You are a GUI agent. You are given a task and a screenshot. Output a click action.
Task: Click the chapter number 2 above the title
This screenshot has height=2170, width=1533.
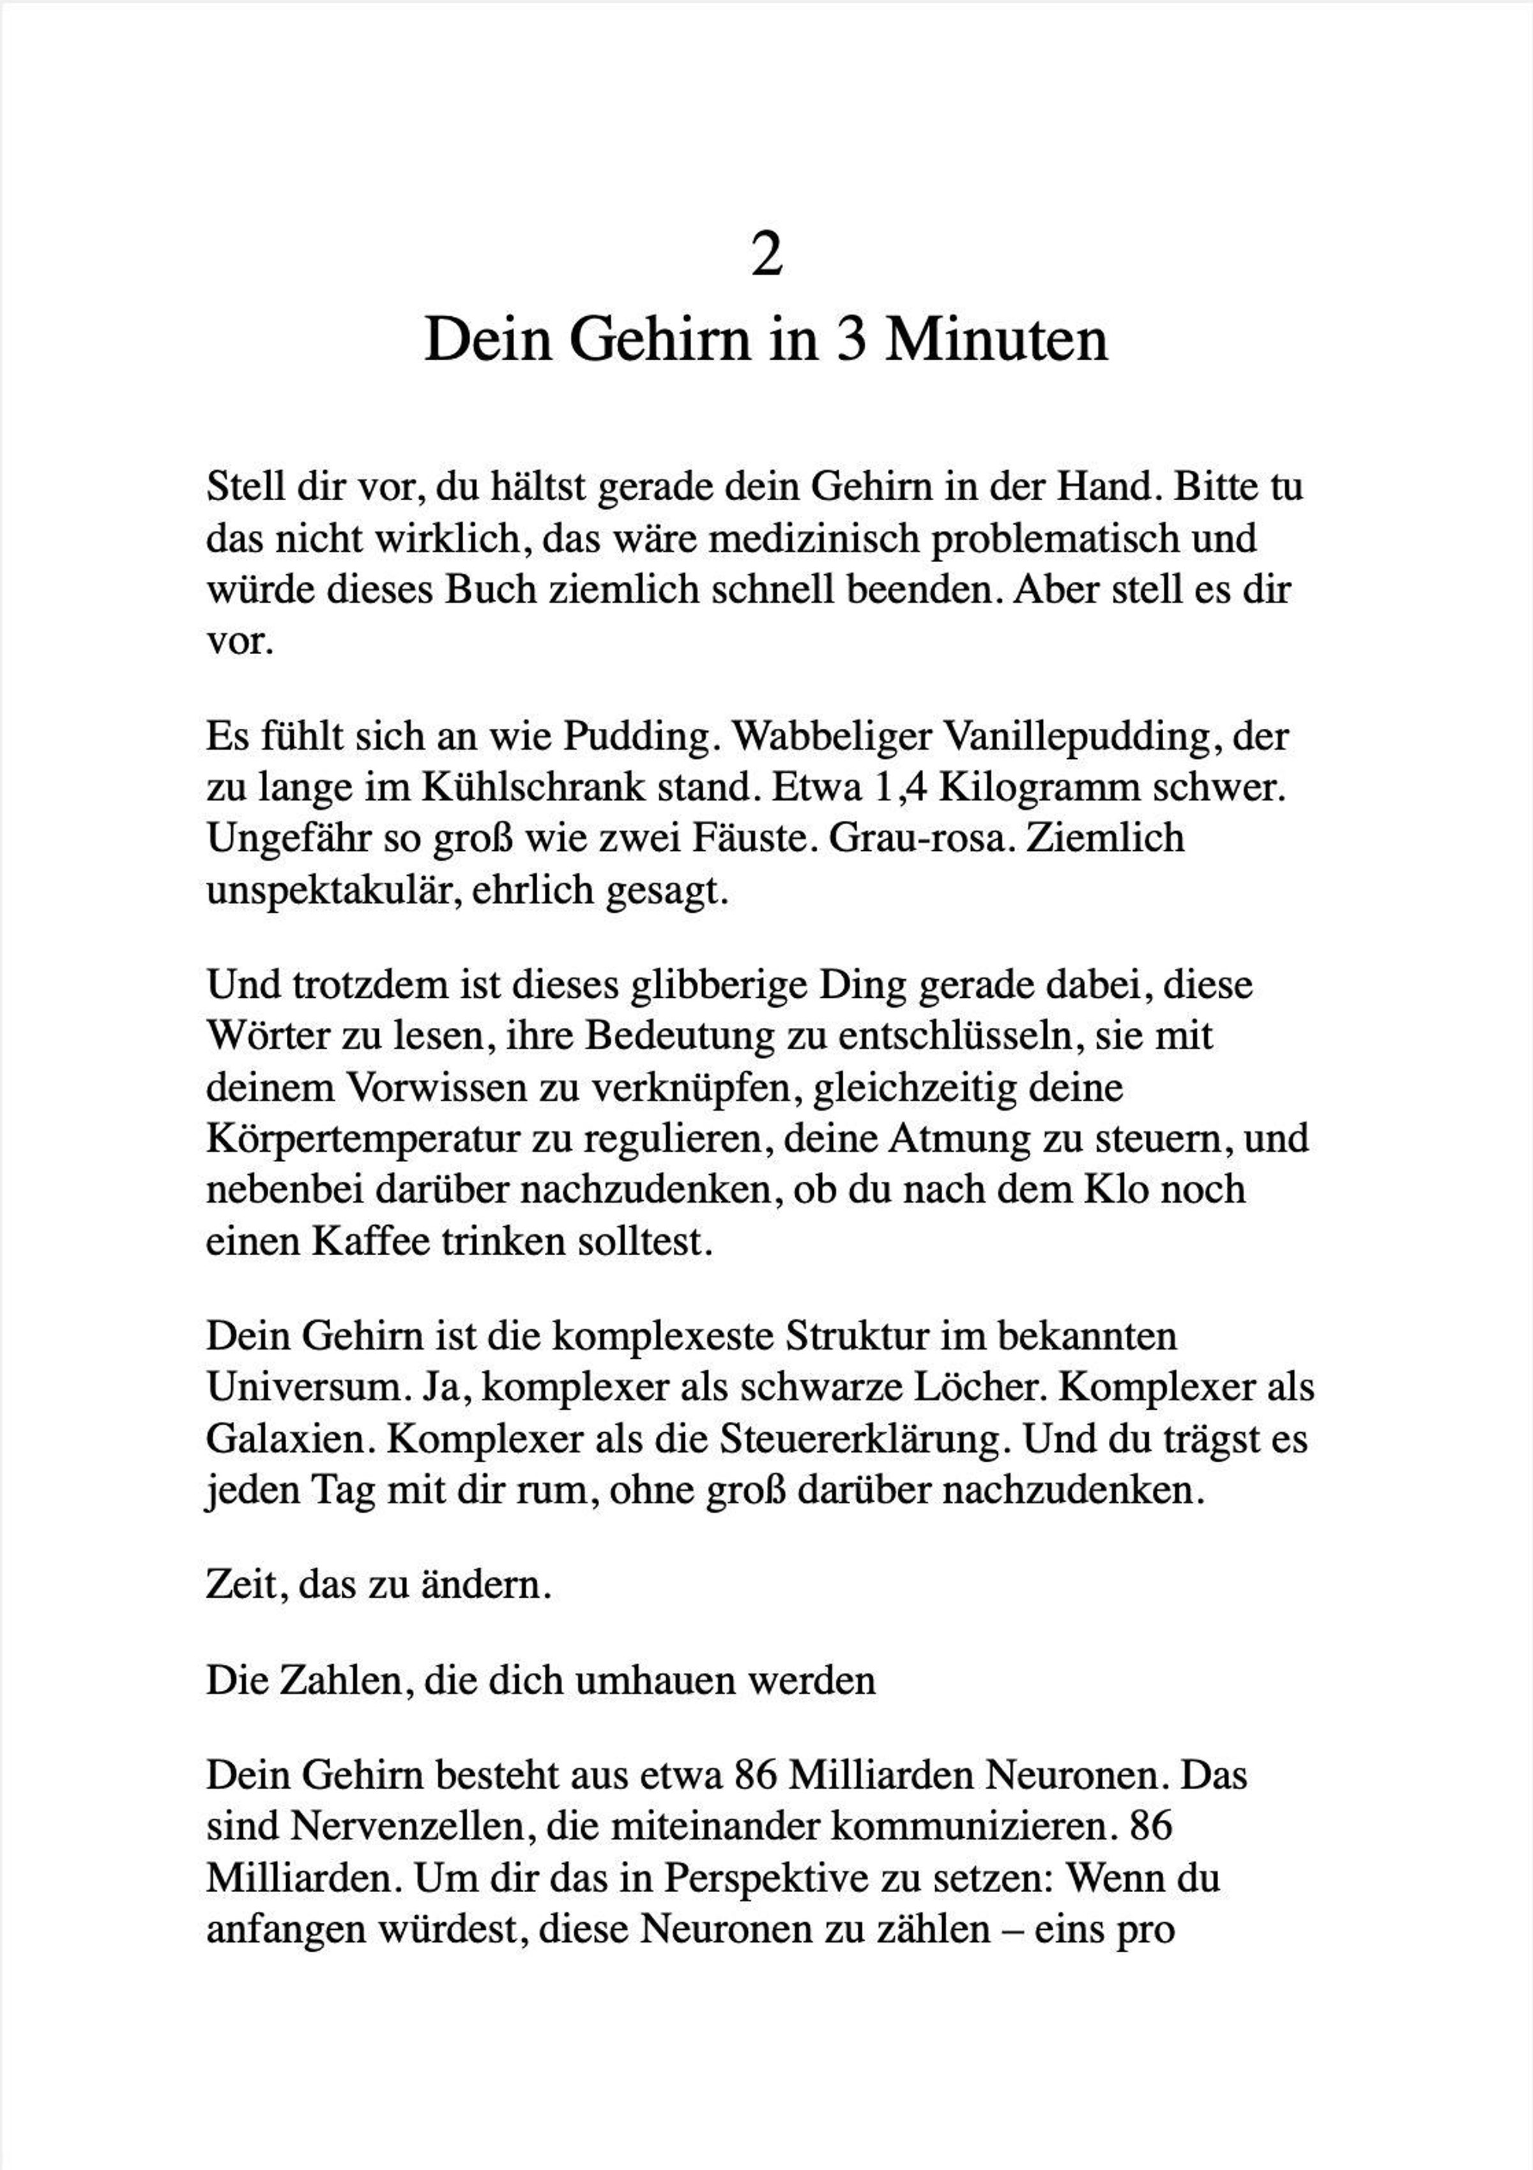(x=766, y=255)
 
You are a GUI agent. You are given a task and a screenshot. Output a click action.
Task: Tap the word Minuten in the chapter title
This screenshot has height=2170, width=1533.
(x=996, y=341)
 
